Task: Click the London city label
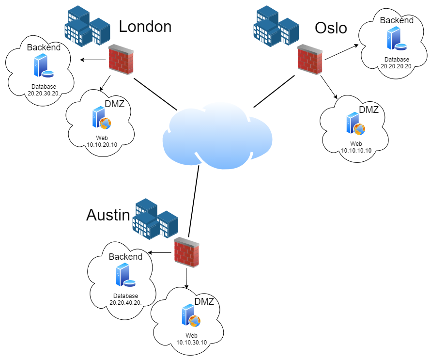click(x=145, y=26)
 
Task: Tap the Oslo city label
click(x=331, y=28)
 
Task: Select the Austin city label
click(x=108, y=214)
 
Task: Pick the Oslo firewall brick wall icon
click(x=309, y=60)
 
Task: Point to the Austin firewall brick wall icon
click(x=186, y=252)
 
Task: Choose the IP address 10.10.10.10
click(x=356, y=151)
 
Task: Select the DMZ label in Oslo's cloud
click(x=369, y=110)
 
